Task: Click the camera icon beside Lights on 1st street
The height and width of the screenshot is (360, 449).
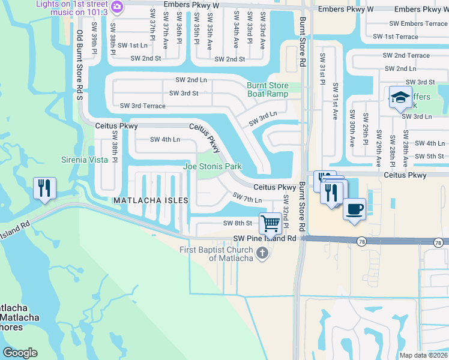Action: [117, 7]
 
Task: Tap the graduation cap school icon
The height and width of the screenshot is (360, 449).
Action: [400, 98]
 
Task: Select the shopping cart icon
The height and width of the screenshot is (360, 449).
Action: [271, 223]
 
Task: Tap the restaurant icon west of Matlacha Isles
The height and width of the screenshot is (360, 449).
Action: [45, 188]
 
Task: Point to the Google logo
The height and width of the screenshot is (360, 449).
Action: [20, 353]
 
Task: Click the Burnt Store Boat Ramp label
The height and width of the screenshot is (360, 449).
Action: [267, 89]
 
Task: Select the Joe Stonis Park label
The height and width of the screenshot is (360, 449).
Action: [212, 166]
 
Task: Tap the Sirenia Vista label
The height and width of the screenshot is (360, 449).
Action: [85, 160]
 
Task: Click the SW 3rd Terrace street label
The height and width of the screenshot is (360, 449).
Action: [143, 106]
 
